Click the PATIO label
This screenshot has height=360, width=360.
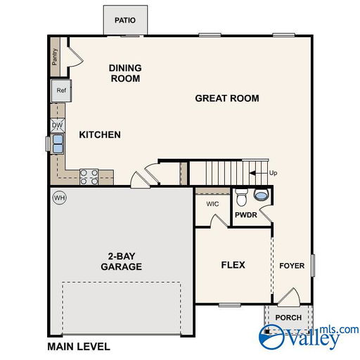click(x=125, y=20)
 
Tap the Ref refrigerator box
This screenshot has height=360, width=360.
click(x=61, y=91)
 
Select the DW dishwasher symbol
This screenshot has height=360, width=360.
click(x=58, y=125)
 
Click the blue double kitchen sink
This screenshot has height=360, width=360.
click(x=58, y=143)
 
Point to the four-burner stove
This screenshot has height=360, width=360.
click(x=89, y=177)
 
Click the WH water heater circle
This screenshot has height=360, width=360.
click(x=60, y=198)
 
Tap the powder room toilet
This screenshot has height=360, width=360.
click(x=241, y=197)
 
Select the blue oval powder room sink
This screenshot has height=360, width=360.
click(x=261, y=195)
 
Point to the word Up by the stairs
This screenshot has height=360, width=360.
click(x=273, y=173)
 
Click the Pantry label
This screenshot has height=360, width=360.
click(x=55, y=57)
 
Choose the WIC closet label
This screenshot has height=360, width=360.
click(x=212, y=204)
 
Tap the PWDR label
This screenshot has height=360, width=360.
click(x=246, y=214)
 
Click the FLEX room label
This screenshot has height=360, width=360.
click(x=233, y=265)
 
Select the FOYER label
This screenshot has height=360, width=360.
click(x=292, y=266)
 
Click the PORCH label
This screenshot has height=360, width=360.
click(x=288, y=318)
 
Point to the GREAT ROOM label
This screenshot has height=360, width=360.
click(x=227, y=98)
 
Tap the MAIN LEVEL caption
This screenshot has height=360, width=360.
click(x=79, y=347)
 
